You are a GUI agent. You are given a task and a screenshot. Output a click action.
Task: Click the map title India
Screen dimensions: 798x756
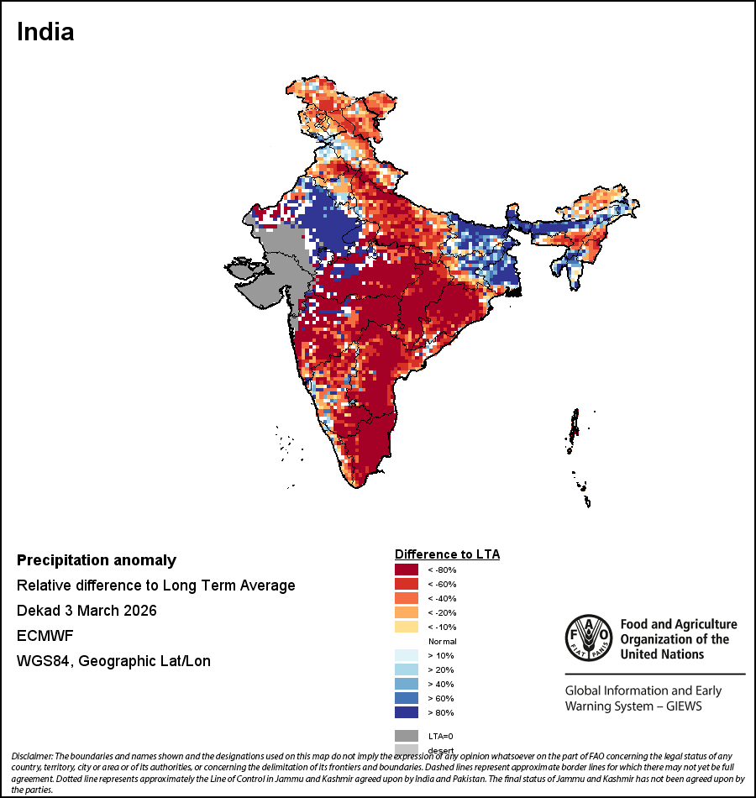[x=45, y=32]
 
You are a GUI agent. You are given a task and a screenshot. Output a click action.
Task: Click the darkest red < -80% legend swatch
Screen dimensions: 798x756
[x=407, y=570]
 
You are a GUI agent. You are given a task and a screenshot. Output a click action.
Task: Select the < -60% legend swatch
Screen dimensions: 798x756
[x=407, y=584]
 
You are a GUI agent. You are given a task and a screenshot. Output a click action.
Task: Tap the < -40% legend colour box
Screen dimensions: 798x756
[x=407, y=598]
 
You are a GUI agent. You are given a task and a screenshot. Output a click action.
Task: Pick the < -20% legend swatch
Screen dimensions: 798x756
[x=407, y=612]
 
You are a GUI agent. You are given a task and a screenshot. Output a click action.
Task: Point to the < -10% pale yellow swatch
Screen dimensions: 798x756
[x=407, y=627]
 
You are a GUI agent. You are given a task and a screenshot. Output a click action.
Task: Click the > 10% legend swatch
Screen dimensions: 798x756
[x=407, y=655]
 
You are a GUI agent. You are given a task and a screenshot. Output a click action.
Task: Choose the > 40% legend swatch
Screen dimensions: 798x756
[x=407, y=684]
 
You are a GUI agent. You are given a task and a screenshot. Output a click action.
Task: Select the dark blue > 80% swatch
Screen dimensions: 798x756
[x=407, y=712]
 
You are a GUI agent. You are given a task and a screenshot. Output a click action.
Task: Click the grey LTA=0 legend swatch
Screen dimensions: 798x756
[x=407, y=735]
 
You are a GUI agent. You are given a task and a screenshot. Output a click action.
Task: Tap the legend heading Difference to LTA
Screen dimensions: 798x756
[x=447, y=554]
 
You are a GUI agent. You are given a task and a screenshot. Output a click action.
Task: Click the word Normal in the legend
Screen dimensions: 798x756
[x=443, y=641]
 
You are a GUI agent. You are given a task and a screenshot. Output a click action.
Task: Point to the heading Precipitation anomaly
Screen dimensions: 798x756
[x=97, y=560]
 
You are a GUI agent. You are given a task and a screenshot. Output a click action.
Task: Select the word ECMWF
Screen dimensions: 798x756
[x=45, y=636]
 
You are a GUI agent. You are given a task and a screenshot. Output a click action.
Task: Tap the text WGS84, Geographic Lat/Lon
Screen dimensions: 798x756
[x=113, y=661]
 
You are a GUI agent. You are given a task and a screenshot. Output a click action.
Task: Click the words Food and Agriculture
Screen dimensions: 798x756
[x=678, y=624]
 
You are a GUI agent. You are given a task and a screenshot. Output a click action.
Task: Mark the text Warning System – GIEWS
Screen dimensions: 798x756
[x=633, y=706]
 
